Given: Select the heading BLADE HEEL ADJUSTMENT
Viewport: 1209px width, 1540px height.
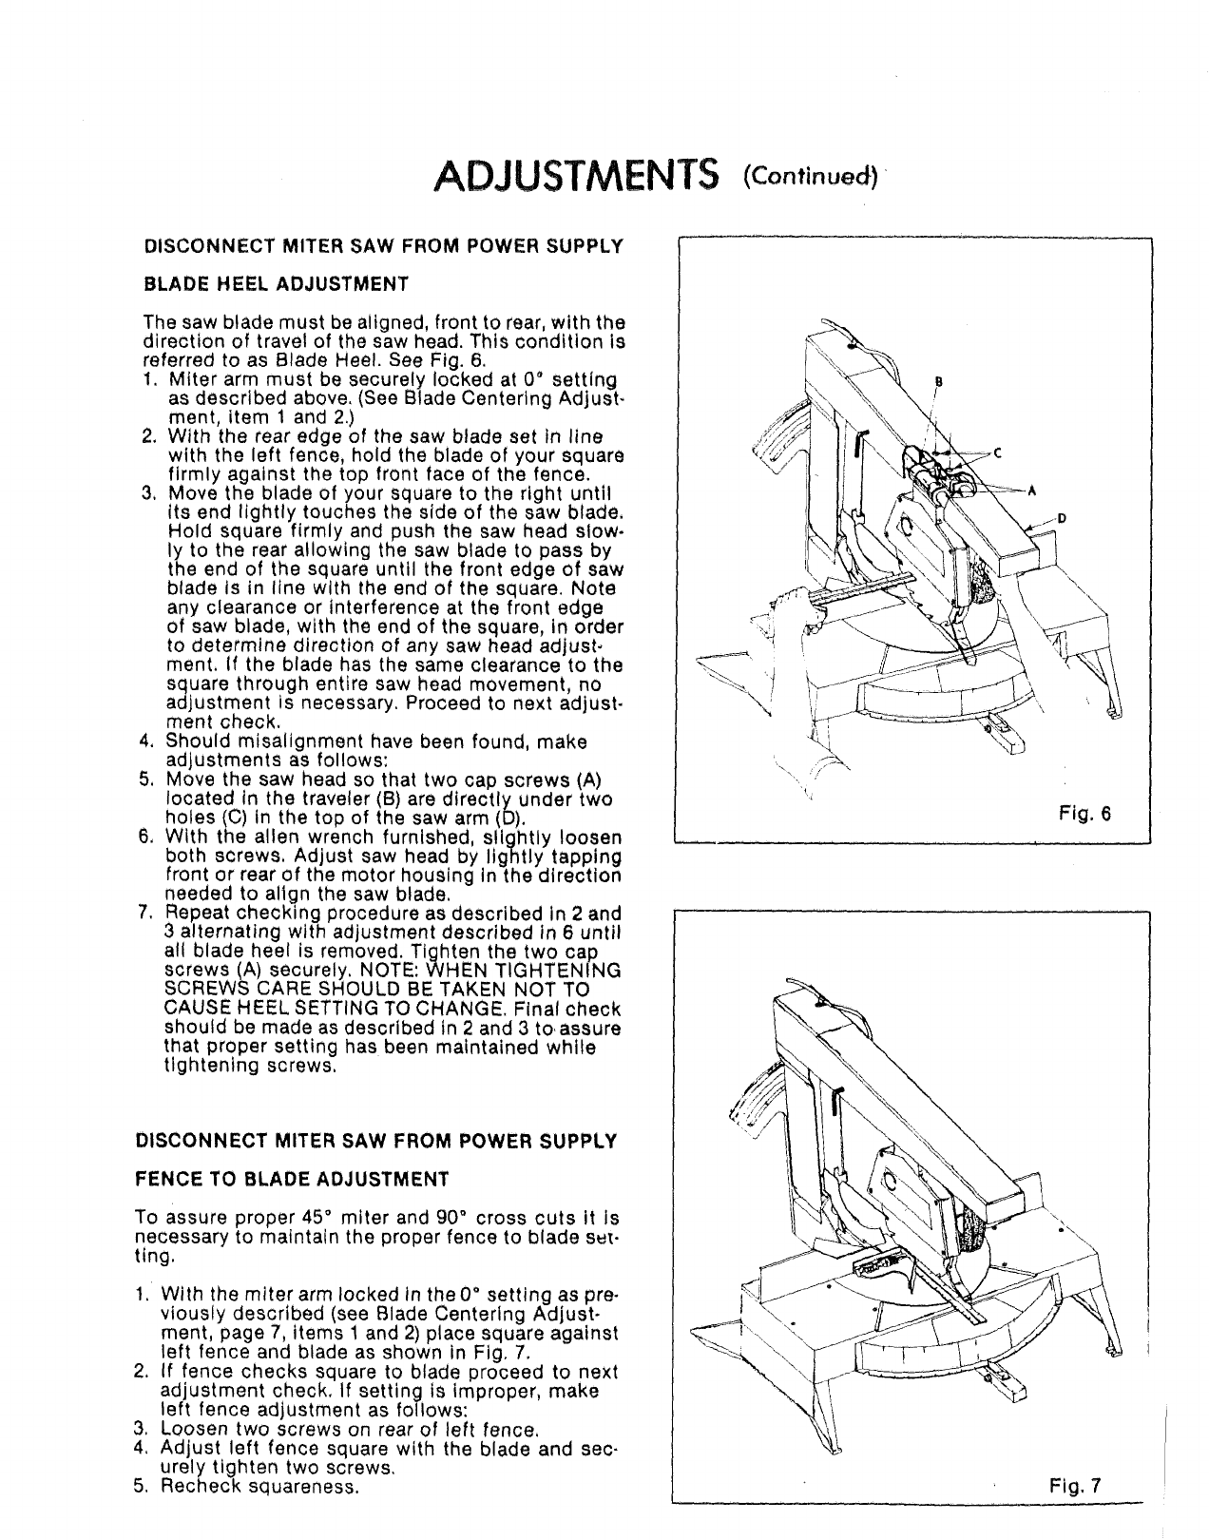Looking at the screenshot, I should (x=276, y=284).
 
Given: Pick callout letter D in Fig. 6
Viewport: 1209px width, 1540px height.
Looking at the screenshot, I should (x=1062, y=518).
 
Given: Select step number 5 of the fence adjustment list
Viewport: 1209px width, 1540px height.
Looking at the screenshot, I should (x=140, y=1487).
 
